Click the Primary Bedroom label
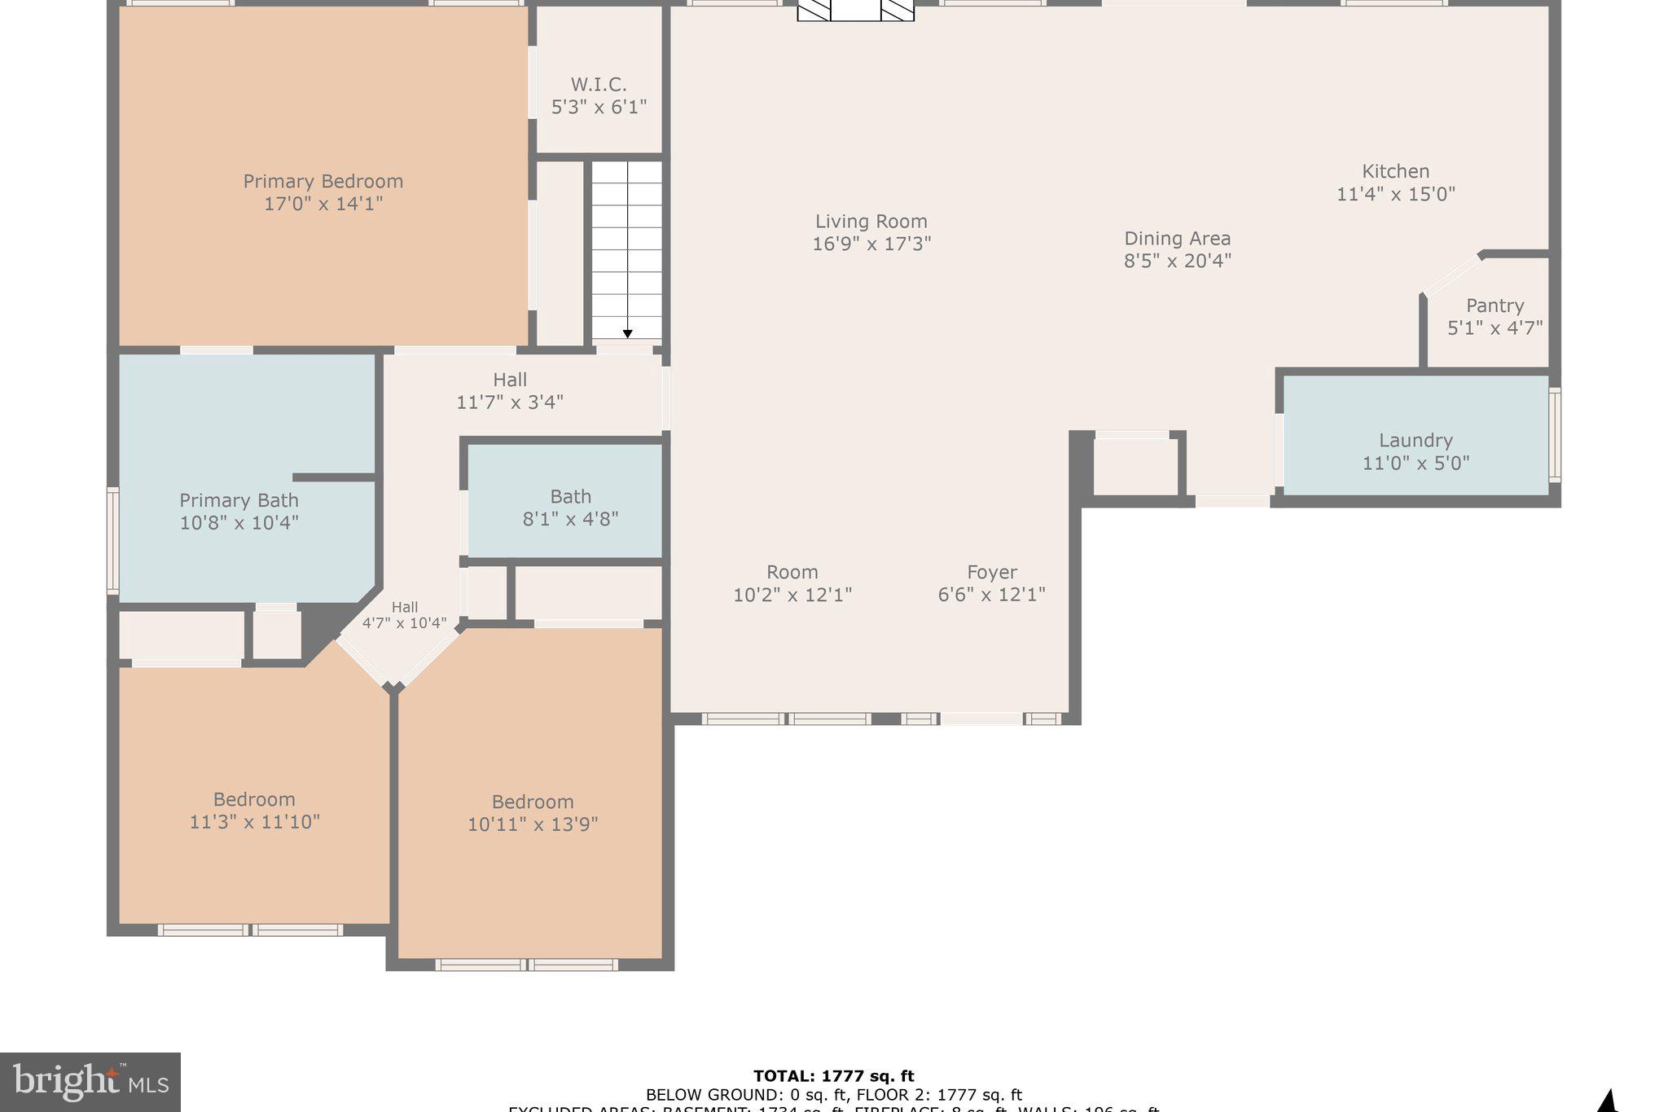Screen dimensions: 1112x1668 pos(323,182)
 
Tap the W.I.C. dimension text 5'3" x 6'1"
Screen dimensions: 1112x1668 pos(599,107)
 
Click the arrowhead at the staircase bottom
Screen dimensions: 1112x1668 pos(627,334)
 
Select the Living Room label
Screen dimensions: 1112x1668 pos(871,222)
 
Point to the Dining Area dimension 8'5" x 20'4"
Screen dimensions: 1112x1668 pos(1177,261)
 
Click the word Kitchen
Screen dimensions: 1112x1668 pos(1395,171)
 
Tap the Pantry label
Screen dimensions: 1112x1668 pos(1494,305)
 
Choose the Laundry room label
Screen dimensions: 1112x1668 pos(1415,441)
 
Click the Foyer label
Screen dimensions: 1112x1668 pos(991,572)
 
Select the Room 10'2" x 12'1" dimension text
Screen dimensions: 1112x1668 pos(792,595)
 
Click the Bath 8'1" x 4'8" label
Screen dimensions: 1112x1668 pos(570,507)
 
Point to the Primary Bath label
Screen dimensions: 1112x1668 pos(239,500)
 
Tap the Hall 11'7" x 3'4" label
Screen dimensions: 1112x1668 pos(509,390)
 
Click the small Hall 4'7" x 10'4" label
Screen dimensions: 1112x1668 pos(404,615)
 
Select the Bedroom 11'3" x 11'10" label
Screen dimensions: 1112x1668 pos(254,810)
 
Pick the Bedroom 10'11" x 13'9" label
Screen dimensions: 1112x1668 pos(532,812)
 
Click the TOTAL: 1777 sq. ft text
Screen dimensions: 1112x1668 pos(833,1076)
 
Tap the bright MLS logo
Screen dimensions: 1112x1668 pos(90,1082)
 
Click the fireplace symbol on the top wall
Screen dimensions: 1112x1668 pos(855,10)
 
